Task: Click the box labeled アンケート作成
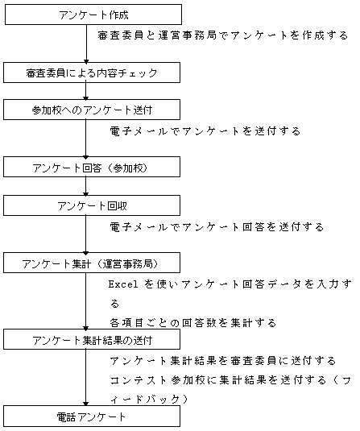(93, 15)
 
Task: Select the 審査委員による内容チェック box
(92, 73)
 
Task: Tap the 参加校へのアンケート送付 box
(92, 110)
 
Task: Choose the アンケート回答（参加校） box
(92, 167)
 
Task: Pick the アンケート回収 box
(92, 205)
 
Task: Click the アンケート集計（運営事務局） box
(92, 263)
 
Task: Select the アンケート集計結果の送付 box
(92, 339)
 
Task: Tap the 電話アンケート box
(92, 416)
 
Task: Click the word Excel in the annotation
(123, 284)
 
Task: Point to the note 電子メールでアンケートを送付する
(205, 131)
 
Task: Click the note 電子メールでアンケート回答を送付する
(217, 226)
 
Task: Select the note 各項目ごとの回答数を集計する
(193, 322)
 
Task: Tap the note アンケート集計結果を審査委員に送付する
(223, 360)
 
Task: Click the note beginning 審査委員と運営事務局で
(223, 35)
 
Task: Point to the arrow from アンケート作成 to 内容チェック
(86, 44)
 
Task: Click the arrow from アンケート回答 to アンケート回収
(86, 186)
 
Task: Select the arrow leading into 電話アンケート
(86, 378)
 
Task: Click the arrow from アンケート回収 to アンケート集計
(86, 234)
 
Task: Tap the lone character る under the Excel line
(114, 304)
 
